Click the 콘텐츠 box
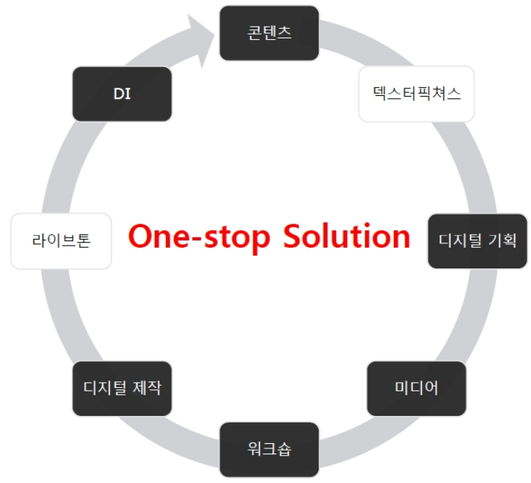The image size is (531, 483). tap(269, 33)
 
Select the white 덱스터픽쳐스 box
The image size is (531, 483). tap(417, 94)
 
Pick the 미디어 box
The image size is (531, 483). tap(417, 388)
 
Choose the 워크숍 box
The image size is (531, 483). tap(269, 448)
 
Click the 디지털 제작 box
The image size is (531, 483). tap(122, 388)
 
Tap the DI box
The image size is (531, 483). tap(122, 94)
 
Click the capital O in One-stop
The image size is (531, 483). tap(141, 237)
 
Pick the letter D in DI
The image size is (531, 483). tap(118, 94)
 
